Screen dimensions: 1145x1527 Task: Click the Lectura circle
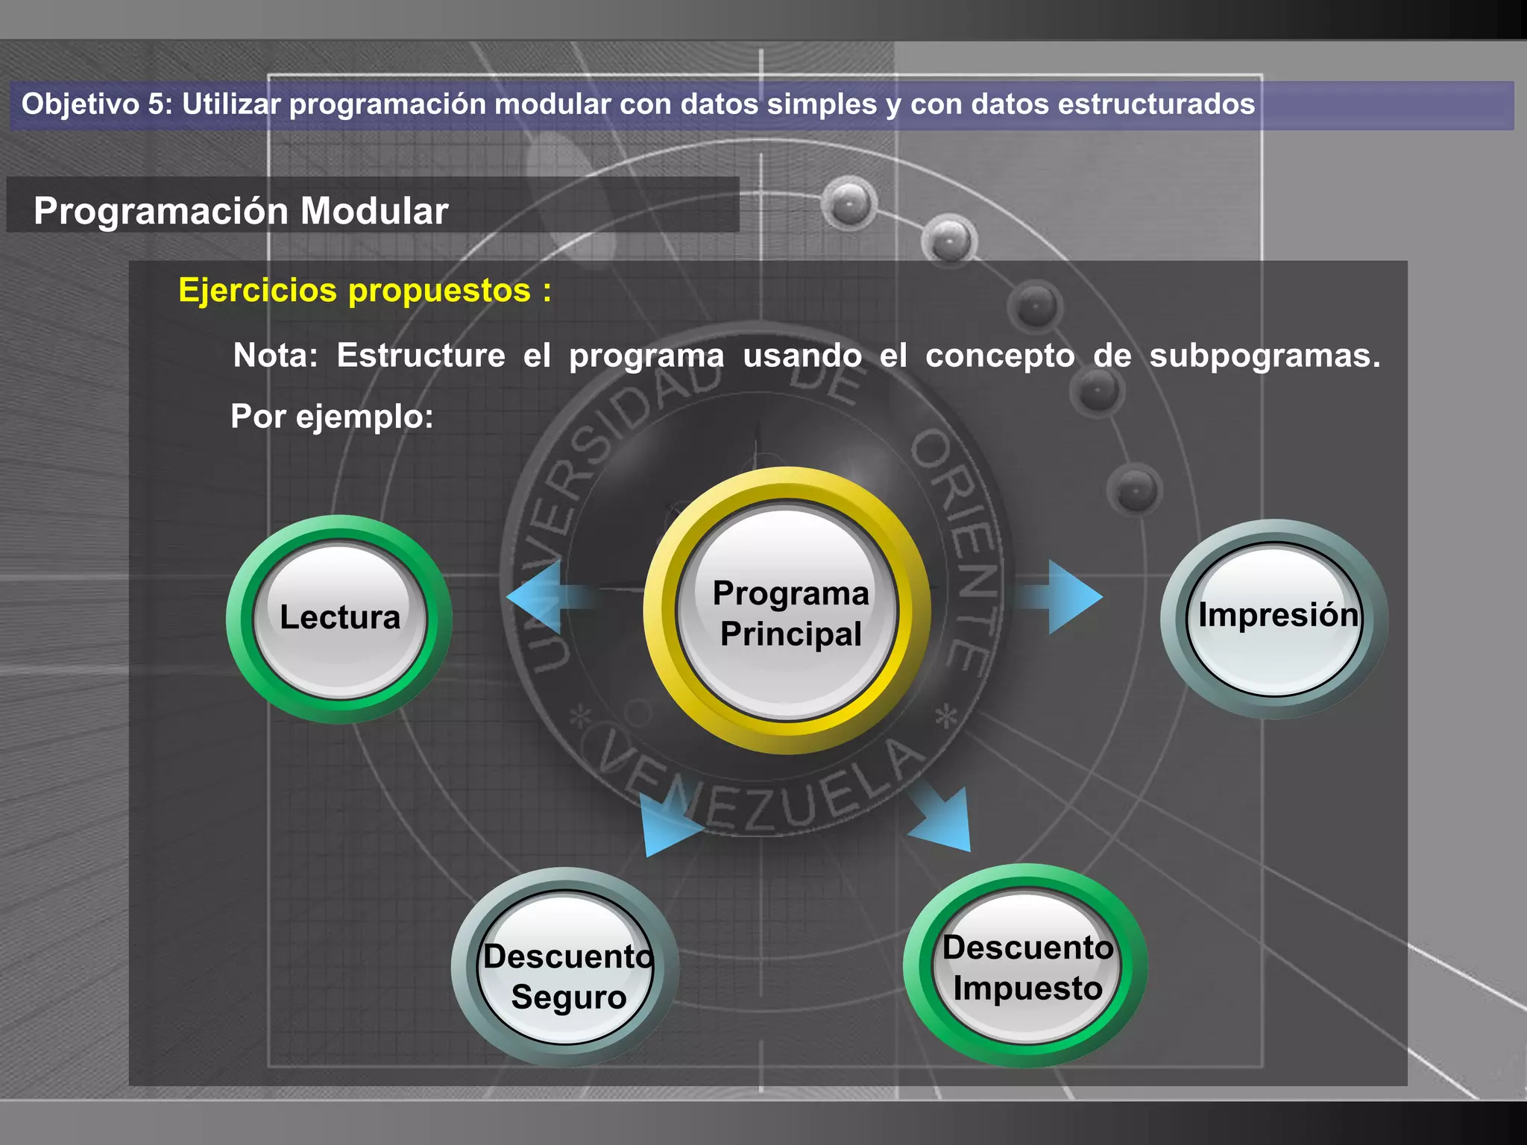(x=340, y=619)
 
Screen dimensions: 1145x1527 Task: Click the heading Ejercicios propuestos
(x=364, y=290)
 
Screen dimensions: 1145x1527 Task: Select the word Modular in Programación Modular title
(x=374, y=211)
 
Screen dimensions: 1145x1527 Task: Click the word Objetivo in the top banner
(x=81, y=104)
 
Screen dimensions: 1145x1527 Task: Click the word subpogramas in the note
(x=1265, y=356)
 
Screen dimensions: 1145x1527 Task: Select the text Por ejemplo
(x=332, y=417)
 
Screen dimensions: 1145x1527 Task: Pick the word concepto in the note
(x=1000, y=356)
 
